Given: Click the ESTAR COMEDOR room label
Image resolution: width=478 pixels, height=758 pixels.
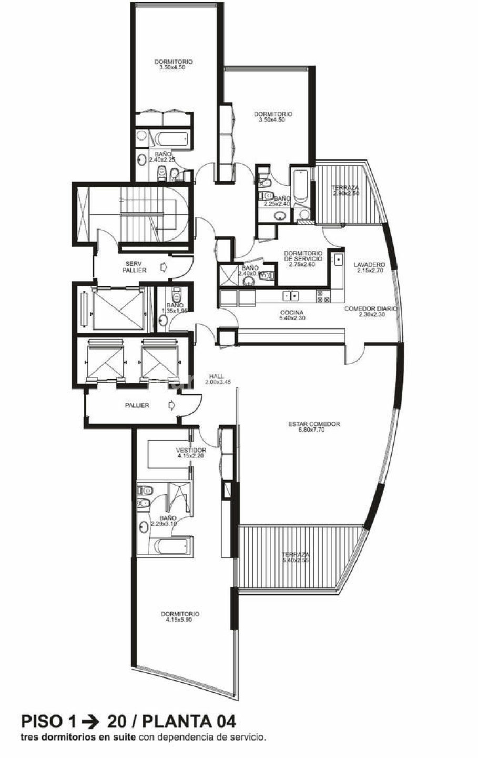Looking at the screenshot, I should [x=314, y=424].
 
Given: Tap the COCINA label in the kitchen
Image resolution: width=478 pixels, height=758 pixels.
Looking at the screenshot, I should [x=292, y=312].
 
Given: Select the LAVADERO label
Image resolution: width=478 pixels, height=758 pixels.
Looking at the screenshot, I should [x=369, y=264].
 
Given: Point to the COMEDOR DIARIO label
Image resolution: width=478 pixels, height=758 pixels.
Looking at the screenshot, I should [x=370, y=308].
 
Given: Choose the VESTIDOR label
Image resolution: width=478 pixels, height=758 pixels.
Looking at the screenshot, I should [x=191, y=450].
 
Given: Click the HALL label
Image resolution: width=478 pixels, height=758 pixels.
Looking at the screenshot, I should [x=216, y=376].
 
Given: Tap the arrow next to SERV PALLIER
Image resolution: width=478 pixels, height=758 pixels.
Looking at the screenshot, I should [x=164, y=267].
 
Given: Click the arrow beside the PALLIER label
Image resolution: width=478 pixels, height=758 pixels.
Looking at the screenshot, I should [x=170, y=405].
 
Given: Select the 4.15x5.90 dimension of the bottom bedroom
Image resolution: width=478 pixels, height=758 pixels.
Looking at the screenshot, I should [x=180, y=619].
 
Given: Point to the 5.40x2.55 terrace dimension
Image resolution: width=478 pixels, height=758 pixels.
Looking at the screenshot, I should [x=295, y=560].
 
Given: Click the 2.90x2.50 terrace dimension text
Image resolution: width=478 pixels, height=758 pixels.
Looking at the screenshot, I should [x=345, y=193].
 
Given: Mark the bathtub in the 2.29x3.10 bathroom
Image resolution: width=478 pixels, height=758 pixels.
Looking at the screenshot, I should [x=170, y=546].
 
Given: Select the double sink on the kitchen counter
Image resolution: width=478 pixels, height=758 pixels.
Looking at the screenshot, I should [x=290, y=296].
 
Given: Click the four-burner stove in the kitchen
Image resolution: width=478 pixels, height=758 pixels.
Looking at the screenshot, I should [x=323, y=297].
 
